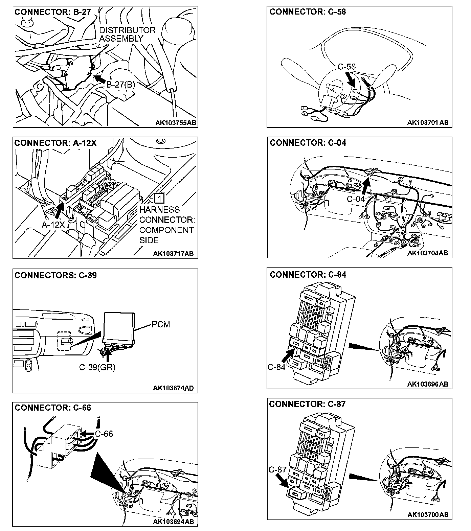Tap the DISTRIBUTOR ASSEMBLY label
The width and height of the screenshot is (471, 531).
tap(127, 34)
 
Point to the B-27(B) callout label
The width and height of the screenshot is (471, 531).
tap(121, 85)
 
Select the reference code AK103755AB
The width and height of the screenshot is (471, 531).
tap(175, 122)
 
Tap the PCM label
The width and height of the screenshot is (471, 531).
tap(161, 325)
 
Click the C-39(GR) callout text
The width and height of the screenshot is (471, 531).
tap(97, 367)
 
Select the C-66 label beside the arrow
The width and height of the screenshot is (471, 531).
tap(104, 434)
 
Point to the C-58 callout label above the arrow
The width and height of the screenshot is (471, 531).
tap(347, 67)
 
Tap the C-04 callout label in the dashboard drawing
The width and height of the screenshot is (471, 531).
tap(356, 199)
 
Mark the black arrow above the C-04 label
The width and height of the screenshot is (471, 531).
tap(366, 186)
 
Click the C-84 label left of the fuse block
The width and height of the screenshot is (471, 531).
tap(276, 367)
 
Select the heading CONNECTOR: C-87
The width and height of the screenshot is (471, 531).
tap(308, 404)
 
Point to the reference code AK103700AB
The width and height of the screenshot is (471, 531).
tap(428, 514)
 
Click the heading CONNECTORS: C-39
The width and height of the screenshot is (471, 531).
tap(55, 275)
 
